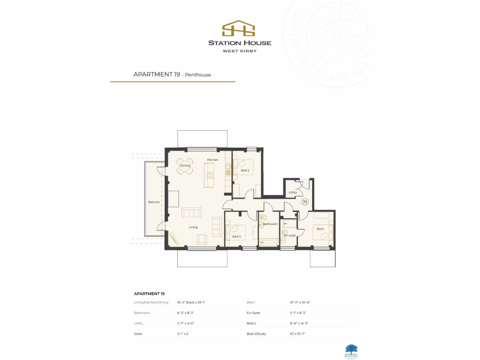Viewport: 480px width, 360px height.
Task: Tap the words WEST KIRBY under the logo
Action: [240, 51]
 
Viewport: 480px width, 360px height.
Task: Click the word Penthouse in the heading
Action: [199, 75]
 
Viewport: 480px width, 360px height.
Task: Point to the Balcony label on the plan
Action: [154, 202]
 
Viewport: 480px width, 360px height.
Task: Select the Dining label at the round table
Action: [185, 165]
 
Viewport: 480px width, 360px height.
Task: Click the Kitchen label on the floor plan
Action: [213, 160]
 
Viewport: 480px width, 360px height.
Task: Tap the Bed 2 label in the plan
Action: [245, 171]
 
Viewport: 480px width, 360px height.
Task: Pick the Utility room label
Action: [292, 193]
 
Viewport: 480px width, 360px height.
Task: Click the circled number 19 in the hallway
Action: [305, 202]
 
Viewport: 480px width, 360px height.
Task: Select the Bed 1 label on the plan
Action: [320, 229]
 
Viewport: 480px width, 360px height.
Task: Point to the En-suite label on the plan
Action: [290, 235]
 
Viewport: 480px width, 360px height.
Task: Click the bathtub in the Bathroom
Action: [269, 242]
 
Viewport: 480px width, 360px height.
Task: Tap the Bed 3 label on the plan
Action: [236, 237]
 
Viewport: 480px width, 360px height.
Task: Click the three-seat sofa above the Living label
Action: [191, 213]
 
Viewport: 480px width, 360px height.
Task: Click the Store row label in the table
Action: [138, 334]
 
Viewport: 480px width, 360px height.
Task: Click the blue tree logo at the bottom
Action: [351, 350]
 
